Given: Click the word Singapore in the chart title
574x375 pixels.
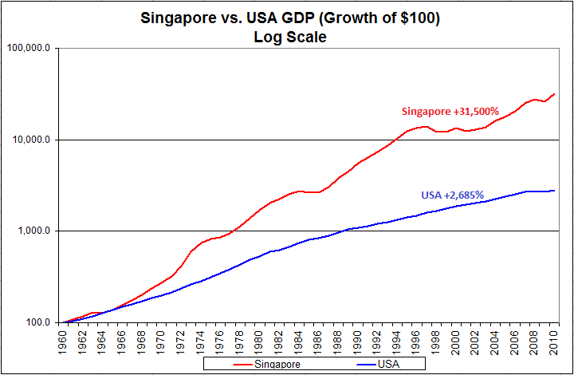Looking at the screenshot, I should click(172, 17).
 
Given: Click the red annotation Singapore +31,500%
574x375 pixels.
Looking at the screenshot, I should click(448, 111).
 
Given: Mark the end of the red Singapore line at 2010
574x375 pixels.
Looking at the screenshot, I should click(555, 94).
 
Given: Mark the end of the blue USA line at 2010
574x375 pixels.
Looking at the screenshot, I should click(555, 191).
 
